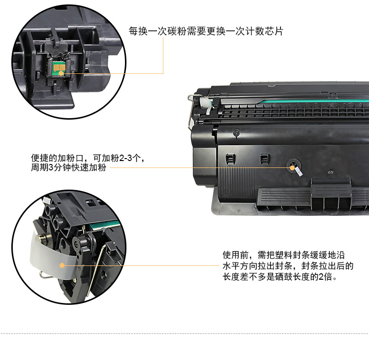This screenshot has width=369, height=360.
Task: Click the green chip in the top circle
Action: (59, 69)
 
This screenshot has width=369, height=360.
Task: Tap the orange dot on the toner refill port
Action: (292, 168)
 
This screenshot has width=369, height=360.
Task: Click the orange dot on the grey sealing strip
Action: (62, 265)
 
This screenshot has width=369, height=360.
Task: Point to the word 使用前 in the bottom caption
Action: (236, 255)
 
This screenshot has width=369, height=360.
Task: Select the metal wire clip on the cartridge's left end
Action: (190, 111)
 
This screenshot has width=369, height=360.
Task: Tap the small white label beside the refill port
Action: (299, 171)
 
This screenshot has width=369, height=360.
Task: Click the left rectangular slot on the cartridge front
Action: (230, 159)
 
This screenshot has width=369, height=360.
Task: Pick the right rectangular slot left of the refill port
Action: (265, 159)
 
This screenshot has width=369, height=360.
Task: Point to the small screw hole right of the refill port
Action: (331, 172)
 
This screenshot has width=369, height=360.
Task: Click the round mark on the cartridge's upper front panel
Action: (236, 133)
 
